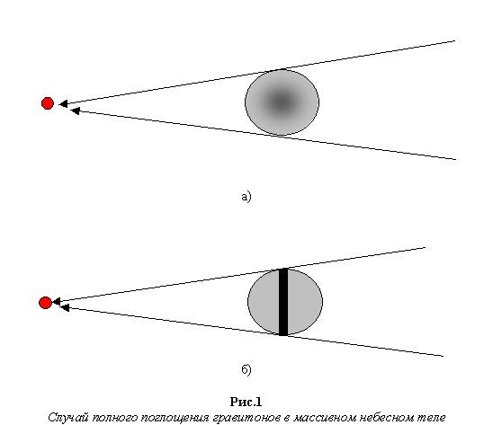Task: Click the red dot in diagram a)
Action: click(x=48, y=103)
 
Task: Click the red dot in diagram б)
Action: click(x=45, y=303)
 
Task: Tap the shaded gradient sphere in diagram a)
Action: click(x=282, y=102)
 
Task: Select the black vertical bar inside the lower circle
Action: click(x=283, y=302)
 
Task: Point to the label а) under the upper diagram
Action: click(x=246, y=197)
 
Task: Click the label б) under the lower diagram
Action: click(x=246, y=369)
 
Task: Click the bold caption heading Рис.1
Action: click(x=246, y=402)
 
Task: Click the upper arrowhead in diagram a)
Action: click(x=63, y=103)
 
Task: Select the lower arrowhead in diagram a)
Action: click(x=75, y=111)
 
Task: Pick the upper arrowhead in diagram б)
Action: click(x=57, y=302)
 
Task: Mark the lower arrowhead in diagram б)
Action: click(x=65, y=308)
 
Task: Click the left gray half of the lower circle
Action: click(x=264, y=302)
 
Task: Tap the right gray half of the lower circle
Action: click(x=305, y=302)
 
